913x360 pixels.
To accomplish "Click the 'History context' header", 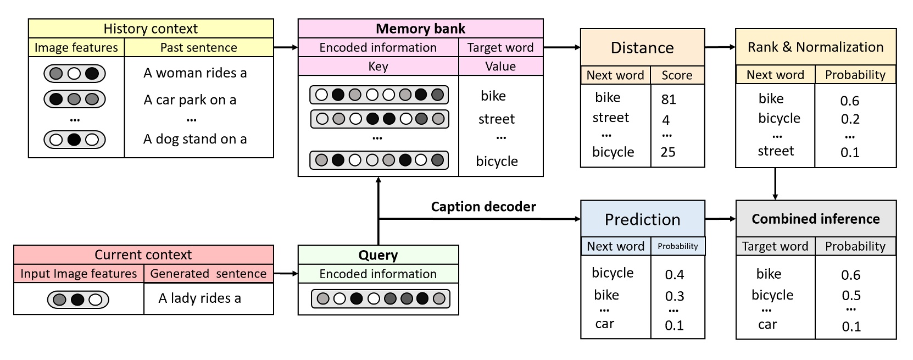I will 151,29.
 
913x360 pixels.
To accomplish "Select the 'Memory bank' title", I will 420,29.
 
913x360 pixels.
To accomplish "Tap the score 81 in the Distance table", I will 669,99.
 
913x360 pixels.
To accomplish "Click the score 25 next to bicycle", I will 668,152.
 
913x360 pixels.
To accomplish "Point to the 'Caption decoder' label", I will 483,207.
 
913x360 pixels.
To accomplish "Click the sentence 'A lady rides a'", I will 199,298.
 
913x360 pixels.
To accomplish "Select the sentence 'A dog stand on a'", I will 195,140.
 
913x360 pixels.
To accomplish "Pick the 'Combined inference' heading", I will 815,219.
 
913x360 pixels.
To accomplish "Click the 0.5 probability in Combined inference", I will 851,296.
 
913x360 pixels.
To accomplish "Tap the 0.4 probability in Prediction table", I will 674,275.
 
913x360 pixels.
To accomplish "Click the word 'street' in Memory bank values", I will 496,119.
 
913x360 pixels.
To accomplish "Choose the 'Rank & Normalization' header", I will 815,47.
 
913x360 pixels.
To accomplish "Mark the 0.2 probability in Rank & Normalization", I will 850,119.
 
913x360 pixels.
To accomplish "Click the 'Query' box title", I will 378,255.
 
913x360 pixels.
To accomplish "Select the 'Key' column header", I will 378,67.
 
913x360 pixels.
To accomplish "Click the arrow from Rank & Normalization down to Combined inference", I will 775,184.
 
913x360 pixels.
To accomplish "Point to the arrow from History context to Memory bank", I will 286,47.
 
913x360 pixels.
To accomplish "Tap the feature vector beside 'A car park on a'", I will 74,99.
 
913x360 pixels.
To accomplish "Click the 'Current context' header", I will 143,254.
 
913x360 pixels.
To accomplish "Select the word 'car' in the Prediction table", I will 604,324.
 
